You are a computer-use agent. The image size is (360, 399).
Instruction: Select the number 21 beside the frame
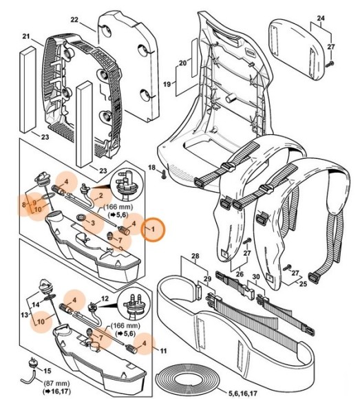pyautogui.click(x=27, y=36)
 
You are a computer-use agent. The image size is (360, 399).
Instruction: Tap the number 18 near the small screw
pyautogui.click(x=151, y=168)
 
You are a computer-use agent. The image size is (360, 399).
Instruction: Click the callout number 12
pyautogui.click(x=105, y=299)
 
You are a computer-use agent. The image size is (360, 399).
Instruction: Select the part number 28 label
pyautogui.click(x=195, y=256)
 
